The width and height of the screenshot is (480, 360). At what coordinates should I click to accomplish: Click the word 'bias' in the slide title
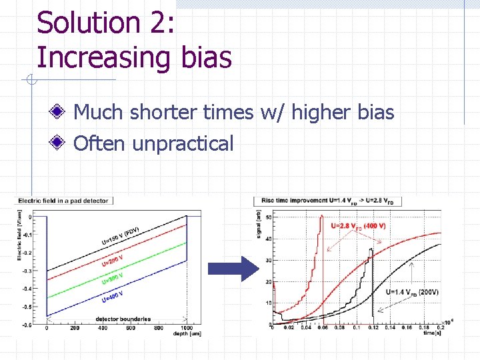point(206,57)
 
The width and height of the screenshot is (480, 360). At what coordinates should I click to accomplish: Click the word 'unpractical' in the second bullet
point(183,143)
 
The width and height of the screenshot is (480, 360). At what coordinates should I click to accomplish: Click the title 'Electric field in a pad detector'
point(63,200)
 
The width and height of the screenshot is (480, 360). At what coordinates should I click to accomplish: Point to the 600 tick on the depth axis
point(131,328)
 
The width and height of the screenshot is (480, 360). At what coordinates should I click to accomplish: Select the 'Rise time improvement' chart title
point(313,200)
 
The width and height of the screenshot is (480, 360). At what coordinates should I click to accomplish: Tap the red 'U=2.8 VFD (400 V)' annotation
point(359,226)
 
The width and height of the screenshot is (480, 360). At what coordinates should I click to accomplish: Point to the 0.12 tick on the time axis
point(374,327)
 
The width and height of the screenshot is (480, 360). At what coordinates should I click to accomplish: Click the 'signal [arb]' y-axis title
point(259,223)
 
